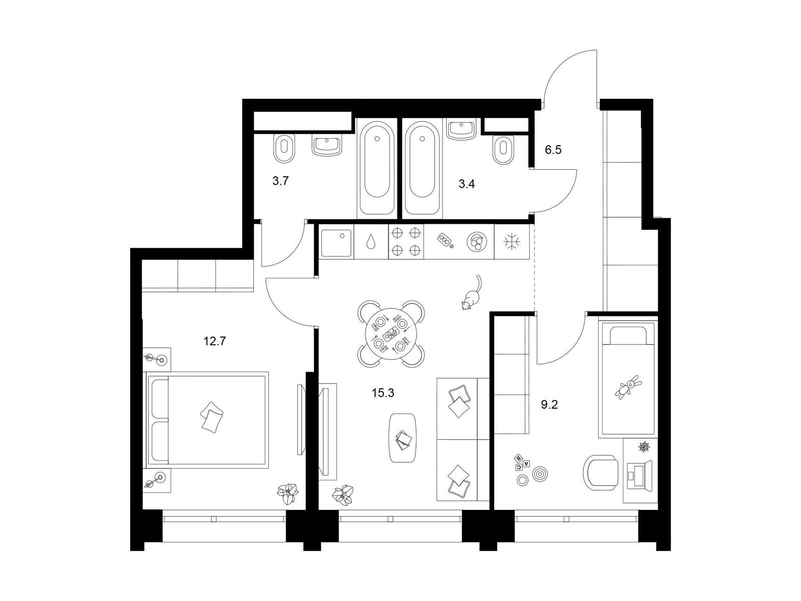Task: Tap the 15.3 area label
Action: click(383, 393)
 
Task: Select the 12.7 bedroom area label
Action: click(215, 341)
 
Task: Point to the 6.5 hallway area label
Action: click(553, 150)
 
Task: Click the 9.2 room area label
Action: click(549, 404)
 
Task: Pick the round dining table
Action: click(390, 334)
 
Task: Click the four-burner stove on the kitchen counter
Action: click(406, 241)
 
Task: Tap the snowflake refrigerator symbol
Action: click(512, 241)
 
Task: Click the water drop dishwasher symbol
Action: click(371, 242)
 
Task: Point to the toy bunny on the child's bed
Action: click(628, 387)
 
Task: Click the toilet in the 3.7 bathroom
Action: click(283, 149)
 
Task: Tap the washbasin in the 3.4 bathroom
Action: click(461, 130)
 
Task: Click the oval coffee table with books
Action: click(403, 438)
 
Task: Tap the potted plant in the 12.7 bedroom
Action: click(288, 494)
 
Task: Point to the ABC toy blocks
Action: click(522, 462)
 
